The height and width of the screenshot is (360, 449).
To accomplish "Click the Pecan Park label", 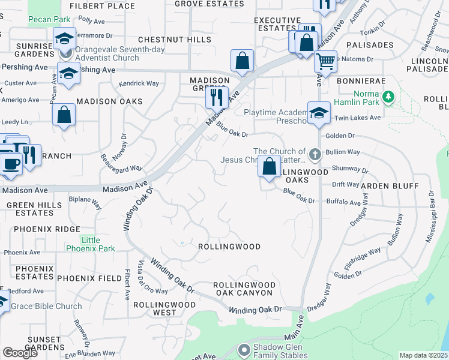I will tap(49, 19).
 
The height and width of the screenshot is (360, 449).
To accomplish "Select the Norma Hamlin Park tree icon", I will tap(389, 96).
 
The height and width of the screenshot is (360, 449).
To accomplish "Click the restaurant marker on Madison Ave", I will tap(217, 96).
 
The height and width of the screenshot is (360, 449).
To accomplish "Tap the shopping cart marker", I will tap(325, 61).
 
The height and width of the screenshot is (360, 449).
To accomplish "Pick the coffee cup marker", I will tap(10, 163).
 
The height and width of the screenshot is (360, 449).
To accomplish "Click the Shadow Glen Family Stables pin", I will tap(244, 349).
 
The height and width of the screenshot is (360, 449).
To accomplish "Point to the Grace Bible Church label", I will tap(47, 306).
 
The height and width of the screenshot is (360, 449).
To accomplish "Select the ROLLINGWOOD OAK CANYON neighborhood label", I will tap(244, 289).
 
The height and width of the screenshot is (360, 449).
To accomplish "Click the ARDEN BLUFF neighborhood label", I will tap(389, 186).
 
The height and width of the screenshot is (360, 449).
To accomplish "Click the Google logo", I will tap(20, 353).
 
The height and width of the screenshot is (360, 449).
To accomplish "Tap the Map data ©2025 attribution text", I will tap(423, 355).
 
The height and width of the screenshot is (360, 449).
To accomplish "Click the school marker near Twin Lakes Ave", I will tap(319, 112).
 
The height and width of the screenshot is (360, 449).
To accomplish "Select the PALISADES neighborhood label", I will tap(373, 45).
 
